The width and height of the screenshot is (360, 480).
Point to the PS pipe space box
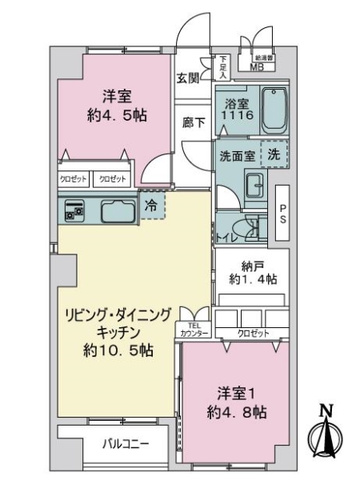[x=281, y=212]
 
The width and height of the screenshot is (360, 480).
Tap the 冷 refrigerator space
[x=151, y=205]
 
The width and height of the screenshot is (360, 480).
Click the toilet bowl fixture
[x=252, y=228]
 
